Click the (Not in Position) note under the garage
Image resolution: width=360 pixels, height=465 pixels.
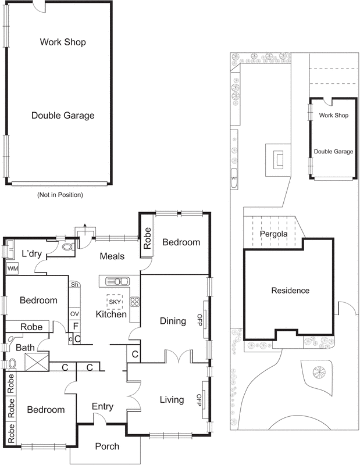pyautogui.click(x=60, y=195)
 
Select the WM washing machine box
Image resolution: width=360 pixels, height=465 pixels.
pyautogui.click(x=12, y=269)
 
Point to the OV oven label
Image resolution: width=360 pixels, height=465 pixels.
pyautogui.click(x=74, y=314)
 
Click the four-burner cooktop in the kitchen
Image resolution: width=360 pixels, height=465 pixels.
pyautogui.click(x=134, y=302)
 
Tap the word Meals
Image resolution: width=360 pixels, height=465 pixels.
pyautogui.click(x=112, y=256)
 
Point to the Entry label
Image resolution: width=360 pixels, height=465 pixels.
pyautogui.click(x=103, y=407)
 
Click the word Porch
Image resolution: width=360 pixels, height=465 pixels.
pyautogui.click(x=106, y=446)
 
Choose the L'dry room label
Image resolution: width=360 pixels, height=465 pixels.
pyautogui.click(x=30, y=253)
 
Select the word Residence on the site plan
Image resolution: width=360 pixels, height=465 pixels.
pyautogui.click(x=290, y=290)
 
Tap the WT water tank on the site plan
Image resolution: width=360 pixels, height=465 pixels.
pyautogui.click(x=234, y=178)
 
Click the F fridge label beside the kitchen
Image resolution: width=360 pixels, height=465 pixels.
pyautogui.click(x=76, y=326)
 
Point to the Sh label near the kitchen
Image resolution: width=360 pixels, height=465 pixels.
pyautogui.click(x=74, y=285)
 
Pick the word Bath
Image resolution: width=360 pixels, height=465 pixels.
pyautogui.click(x=25, y=348)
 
